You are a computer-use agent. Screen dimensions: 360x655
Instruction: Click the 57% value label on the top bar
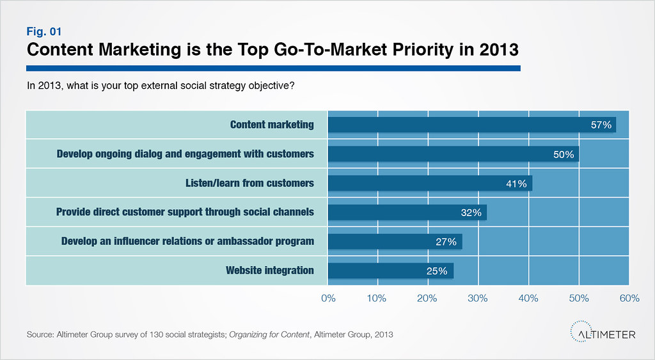coord(601,125)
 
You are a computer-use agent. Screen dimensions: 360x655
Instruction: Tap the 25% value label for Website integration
coord(437,271)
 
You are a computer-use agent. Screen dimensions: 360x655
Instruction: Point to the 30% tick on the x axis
coord(478,298)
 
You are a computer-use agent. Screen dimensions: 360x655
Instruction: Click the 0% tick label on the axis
coord(328,298)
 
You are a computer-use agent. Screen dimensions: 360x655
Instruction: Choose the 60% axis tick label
coord(629,298)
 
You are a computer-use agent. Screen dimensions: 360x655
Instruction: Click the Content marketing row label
coord(272,125)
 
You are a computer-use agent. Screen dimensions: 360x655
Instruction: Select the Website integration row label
coord(270,270)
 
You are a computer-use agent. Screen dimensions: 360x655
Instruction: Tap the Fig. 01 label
coord(43,31)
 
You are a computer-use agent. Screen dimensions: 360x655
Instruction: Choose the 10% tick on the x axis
coord(377,298)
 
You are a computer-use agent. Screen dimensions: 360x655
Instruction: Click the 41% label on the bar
coord(516,184)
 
